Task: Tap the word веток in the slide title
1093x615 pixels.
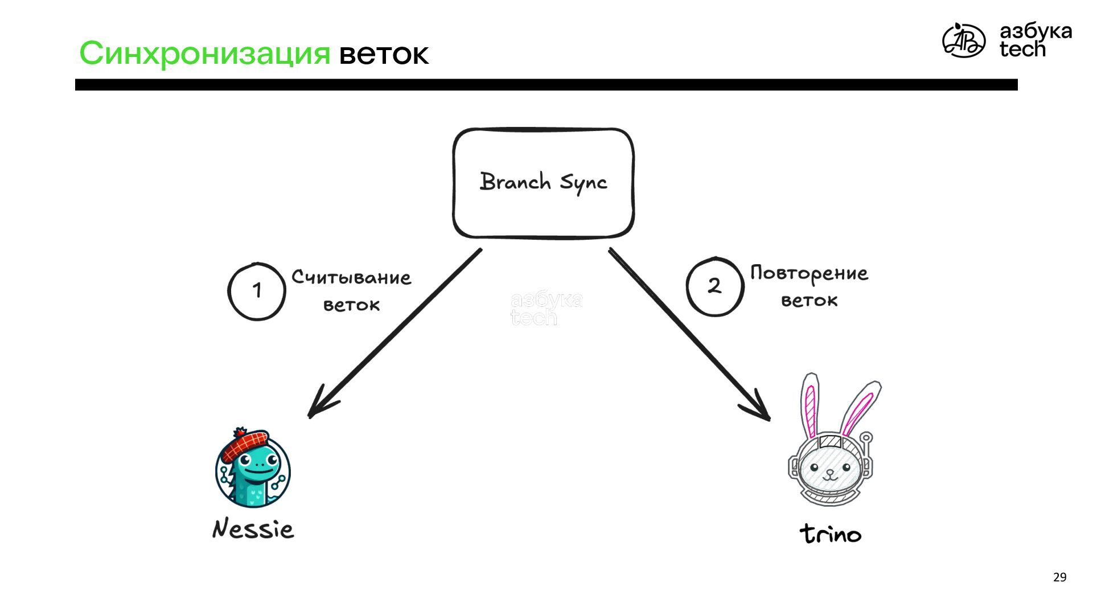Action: pyautogui.click(x=384, y=55)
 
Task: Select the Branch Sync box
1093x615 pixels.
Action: pyautogui.click(x=543, y=182)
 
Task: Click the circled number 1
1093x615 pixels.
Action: pyautogui.click(x=257, y=291)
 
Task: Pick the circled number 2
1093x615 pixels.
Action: pyautogui.click(x=714, y=286)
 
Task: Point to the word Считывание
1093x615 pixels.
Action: pyautogui.click(x=351, y=277)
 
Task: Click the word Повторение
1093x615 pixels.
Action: pyautogui.click(x=809, y=274)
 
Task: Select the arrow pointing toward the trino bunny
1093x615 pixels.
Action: pyautogui.click(x=689, y=335)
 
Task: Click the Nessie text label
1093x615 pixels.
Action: pyautogui.click(x=253, y=529)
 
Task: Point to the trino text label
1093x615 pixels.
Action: pyautogui.click(x=831, y=534)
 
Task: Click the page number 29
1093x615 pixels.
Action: pyautogui.click(x=1059, y=577)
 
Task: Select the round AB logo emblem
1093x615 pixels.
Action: pyautogui.click(x=963, y=40)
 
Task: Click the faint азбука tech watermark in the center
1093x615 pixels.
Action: pyautogui.click(x=546, y=308)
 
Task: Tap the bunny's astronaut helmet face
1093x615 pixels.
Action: pyautogui.click(x=829, y=470)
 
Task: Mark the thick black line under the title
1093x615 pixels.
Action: pyautogui.click(x=546, y=85)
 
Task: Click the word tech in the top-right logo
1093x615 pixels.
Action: pyautogui.click(x=1022, y=50)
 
